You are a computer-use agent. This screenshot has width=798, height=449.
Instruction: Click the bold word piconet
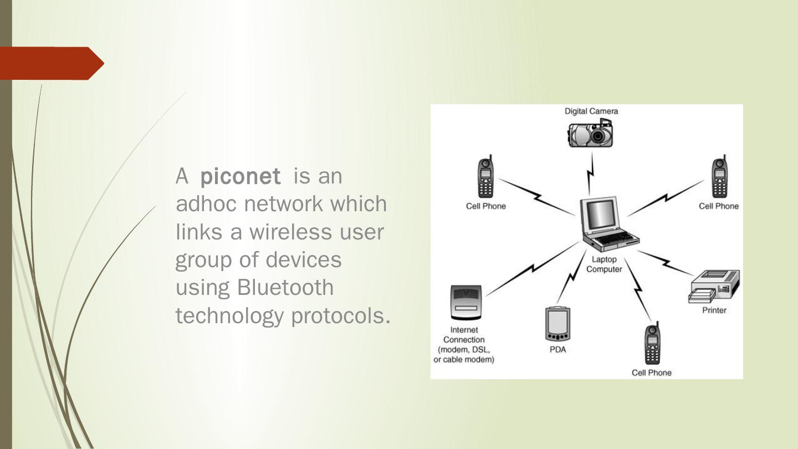click(x=240, y=176)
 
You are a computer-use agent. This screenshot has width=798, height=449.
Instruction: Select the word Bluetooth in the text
click(x=285, y=287)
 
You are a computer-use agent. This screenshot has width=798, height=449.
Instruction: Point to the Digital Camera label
click(x=591, y=111)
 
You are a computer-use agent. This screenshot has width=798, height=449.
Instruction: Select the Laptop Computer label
click(x=604, y=264)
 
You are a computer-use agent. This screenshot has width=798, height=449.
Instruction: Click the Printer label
click(x=714, y=310)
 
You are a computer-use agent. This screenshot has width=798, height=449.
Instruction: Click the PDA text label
click(x=557, y=349)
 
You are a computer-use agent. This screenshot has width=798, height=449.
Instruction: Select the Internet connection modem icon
click(x=466, y=302)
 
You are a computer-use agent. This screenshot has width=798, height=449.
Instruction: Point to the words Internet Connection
click(x=464, y=335)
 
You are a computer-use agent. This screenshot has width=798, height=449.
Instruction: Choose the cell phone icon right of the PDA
click(x=652, y=344)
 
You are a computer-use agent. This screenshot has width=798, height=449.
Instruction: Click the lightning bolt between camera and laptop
click(x=591, y=173)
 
